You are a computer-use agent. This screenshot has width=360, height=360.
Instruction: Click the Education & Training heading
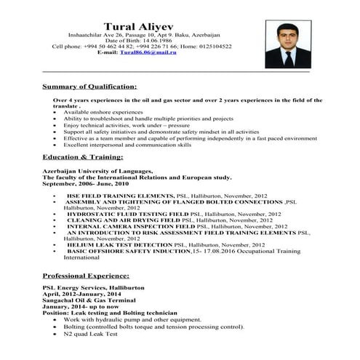(83, 156)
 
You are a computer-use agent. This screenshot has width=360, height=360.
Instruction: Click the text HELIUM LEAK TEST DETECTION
(127, 245)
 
